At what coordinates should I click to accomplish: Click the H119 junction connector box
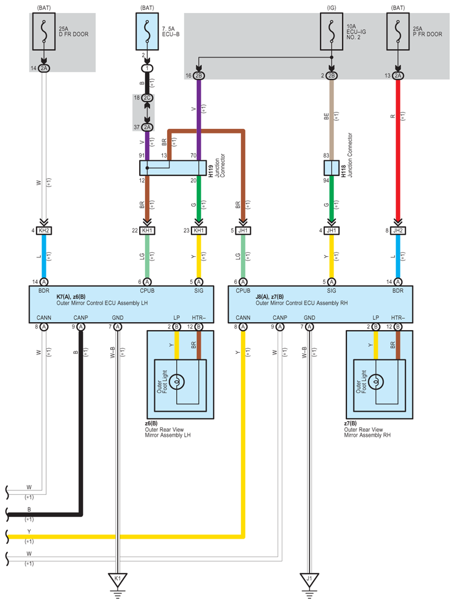point(173,168)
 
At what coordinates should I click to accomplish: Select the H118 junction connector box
point(331,168)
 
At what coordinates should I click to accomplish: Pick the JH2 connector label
point(398,231)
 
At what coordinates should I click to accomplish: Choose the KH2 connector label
point(44,231)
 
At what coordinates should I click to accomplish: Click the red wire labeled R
point(398,148)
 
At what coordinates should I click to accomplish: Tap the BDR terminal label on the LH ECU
point(44,290)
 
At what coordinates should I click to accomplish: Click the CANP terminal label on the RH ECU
point(280,318)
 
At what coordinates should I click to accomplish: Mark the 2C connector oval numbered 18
point(147,98)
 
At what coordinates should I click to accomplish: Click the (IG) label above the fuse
point(331,7)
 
